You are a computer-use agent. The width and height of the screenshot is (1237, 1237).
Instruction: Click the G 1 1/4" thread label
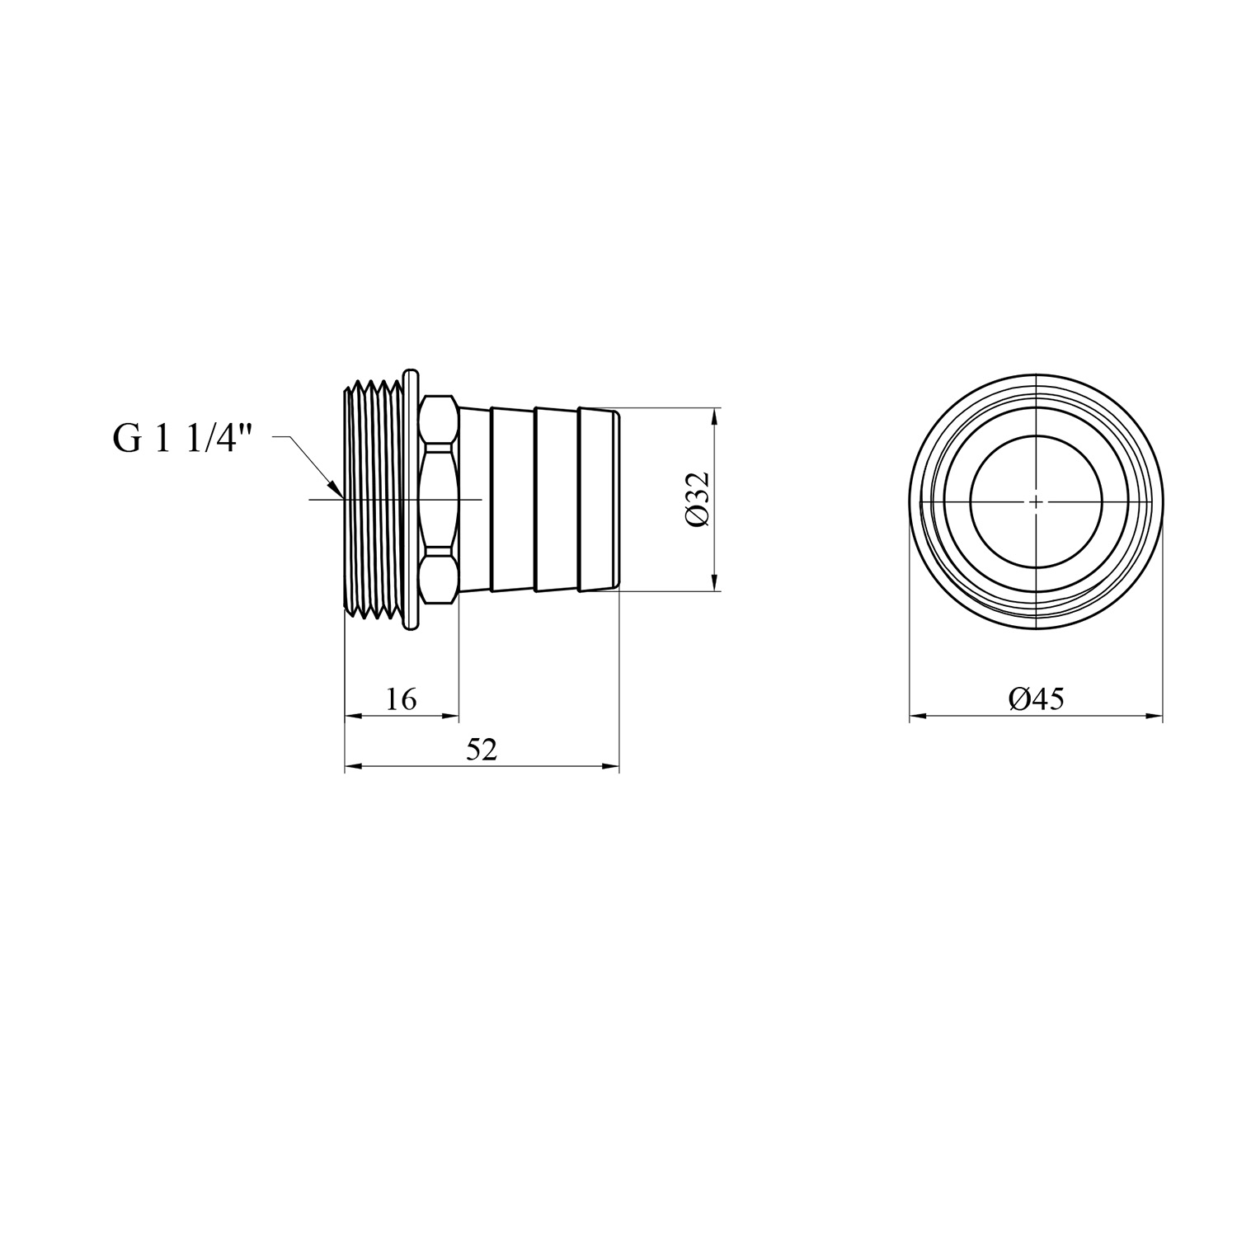coord(181,440)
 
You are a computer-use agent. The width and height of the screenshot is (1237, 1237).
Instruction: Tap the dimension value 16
coord(401,700)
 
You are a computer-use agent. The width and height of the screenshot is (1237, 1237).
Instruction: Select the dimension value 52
coord(482,750)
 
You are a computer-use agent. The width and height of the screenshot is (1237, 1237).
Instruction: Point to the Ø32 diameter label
coord(697,500)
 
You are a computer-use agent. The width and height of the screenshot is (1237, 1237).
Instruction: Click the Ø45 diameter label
coord(1036,699)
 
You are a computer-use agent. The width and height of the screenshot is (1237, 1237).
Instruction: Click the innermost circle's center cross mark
coord(1036,500)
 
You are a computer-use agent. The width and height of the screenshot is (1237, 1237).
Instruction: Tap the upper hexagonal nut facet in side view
coord(439,421)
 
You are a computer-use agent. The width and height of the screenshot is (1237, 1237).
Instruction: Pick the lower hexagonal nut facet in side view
coord(439,579)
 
